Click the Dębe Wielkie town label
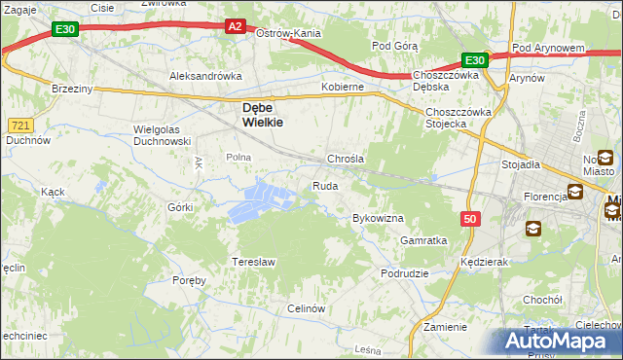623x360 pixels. coord(258,116)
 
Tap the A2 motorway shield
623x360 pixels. coord(236,27)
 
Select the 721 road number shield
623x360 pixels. coord(19,126)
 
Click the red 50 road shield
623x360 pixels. coord(470,220)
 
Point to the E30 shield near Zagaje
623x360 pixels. coord(65,30)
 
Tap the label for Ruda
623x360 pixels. coord(325,186)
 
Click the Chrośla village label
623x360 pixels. coord(346,159)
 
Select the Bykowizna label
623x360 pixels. coord(378,219)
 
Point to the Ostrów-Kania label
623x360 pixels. coord(288,33)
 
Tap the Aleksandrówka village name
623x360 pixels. coord(205,75)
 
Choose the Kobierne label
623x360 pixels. coord(343,87)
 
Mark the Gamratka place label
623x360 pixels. coord(423,240)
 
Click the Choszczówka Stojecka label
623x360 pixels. coord(458,117)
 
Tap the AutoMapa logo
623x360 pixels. coord(560,342)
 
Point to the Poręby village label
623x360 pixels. coord(190,280)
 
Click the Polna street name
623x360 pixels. coord(238,157)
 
